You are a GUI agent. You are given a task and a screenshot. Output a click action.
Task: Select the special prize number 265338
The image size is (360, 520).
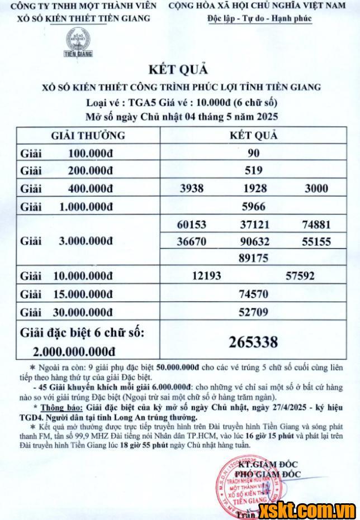tap(253, 341)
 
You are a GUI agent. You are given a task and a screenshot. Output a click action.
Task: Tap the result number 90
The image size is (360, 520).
tap(253, 152)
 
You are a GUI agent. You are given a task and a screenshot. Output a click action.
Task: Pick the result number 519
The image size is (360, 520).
tap(253, 170)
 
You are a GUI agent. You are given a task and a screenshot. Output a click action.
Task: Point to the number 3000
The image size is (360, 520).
tap(316, 188)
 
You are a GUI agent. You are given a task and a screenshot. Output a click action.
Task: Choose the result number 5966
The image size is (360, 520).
tap(253, 206)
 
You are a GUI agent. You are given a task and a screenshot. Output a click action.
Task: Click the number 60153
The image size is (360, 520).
tap(191, 225)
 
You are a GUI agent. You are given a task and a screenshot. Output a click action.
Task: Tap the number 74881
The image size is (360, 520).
tap(316, 225)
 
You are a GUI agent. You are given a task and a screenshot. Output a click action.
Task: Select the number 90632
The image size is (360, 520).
tap(254, 241)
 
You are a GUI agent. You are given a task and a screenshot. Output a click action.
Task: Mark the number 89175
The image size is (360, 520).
tap(254, 258)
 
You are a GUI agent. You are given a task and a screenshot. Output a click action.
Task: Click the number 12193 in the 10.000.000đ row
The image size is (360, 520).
tap(206, 275)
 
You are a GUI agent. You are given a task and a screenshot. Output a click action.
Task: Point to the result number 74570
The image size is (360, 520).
tap(253, 294)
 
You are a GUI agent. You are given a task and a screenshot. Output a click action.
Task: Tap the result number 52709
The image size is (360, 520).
tap(253, 312)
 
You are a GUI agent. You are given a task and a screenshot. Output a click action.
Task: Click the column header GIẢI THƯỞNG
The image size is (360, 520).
tap(88, 135)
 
